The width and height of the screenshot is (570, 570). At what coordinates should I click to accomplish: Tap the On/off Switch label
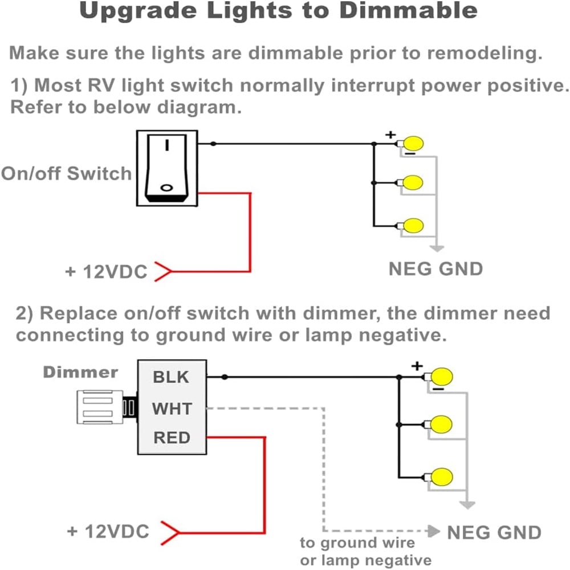67,173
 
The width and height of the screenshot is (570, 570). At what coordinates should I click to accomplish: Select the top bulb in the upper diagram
414,143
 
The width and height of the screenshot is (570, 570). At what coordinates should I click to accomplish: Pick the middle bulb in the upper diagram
413,183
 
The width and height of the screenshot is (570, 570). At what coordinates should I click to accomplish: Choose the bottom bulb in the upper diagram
413,224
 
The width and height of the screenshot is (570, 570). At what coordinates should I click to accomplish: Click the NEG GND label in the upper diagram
435,268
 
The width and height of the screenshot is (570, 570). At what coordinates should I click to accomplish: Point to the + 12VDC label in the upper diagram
106,272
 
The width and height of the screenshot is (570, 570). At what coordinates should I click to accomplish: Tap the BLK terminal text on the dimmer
170,377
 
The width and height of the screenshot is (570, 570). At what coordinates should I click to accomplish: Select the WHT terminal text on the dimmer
172,408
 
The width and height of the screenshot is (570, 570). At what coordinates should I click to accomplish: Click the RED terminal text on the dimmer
172,438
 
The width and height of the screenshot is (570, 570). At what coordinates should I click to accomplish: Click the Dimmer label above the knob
80,372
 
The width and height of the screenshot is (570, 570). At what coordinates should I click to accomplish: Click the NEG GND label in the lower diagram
494,532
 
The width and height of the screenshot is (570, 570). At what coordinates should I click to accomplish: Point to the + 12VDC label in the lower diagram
108,532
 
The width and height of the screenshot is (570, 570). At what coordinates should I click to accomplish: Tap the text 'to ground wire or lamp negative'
365,551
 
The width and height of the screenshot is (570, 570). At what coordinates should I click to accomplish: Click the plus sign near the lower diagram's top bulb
418,365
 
